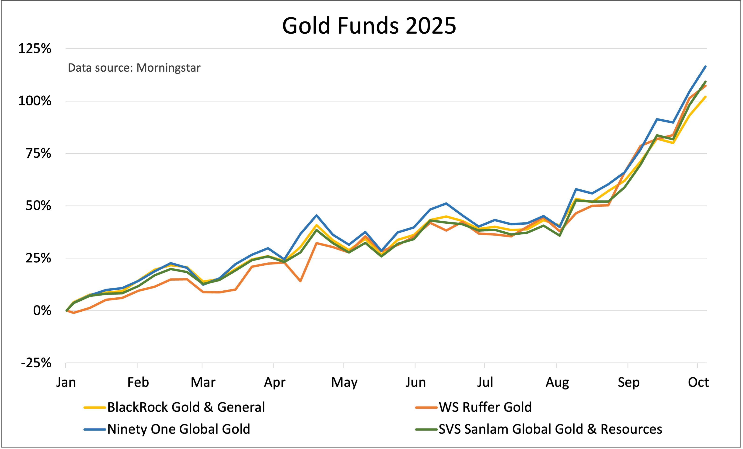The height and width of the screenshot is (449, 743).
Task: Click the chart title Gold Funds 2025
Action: [x=369, y=26]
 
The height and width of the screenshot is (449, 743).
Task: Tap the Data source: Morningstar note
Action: [x=134, y=68]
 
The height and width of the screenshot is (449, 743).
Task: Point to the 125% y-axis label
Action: [x=35, y=49]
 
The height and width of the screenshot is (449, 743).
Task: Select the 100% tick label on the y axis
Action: [x=35, y=101]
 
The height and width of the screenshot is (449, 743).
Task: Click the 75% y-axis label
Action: [x=38, y=153]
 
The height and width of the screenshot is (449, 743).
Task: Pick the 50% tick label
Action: [x=38, y=206]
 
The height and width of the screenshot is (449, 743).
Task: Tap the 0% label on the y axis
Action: [x=42, y=311]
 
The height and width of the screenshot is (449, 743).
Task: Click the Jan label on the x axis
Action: [x=66, y=382]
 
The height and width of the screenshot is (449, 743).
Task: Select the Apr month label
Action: [x=274, y=382]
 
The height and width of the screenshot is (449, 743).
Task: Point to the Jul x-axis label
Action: [x=485, y=382]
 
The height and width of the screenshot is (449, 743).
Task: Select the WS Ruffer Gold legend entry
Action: [x=485, y=407]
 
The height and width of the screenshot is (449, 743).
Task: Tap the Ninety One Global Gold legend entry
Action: [x=178, y=429]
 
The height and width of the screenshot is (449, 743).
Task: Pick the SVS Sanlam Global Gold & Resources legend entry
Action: [x=550, y=429]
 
